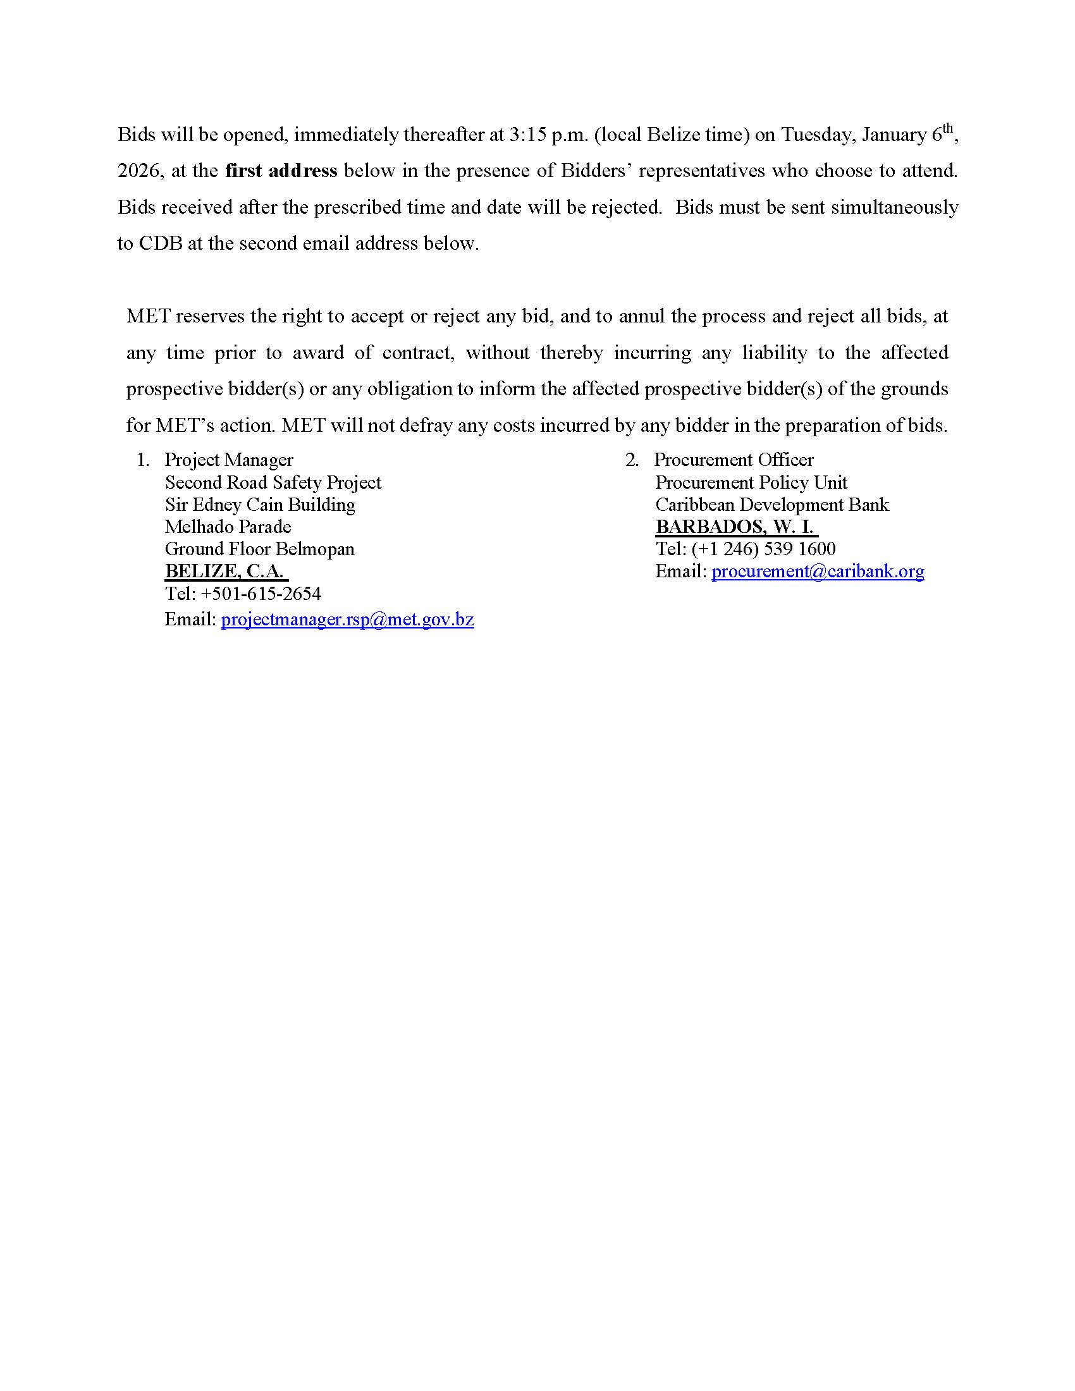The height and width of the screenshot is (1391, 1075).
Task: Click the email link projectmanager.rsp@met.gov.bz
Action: tap(347, 619)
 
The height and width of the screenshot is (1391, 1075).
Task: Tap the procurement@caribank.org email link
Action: tap(817, 571)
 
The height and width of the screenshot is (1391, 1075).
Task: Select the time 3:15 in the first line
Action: tap(524, 135)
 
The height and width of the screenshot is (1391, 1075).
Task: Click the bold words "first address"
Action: tap(281, 171)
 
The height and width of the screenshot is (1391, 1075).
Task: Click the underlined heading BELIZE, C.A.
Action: tap(224, 571)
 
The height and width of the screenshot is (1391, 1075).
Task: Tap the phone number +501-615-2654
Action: tap(261, 594)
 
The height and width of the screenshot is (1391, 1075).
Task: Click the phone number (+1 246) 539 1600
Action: tap(763, 548)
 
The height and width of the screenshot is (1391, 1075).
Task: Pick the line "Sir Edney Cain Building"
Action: tap(260, 505)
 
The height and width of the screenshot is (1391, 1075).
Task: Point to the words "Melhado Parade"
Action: tap(228, 527)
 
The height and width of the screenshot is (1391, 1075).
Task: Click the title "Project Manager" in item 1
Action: tap(229, 460)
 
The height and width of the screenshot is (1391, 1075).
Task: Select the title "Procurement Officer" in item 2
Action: tap(734, 460)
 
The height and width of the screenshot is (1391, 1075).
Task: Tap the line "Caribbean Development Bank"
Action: tap(772, 505)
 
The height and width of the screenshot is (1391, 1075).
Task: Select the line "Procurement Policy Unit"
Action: tap(751, 482)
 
